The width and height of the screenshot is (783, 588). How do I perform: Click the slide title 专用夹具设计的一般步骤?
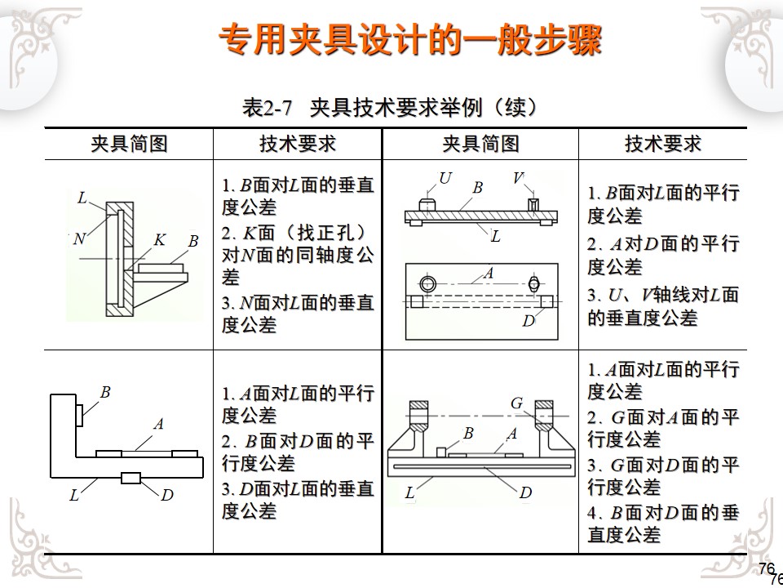[x=410, y=42]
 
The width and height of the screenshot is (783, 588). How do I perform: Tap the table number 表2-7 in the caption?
[x=267, y=108]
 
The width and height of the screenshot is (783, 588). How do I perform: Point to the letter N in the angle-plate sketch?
[x=78, y=239]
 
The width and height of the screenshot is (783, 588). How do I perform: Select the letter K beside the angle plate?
[x=160, y=239]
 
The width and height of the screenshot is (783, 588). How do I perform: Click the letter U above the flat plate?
[x=445, y=178]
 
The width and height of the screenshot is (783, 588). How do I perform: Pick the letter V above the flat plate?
[x=518, y=178]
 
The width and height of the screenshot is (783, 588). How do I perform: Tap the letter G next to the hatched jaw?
[x=516, y=403]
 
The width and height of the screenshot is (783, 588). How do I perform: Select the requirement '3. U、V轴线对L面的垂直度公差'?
[x=662, y=306]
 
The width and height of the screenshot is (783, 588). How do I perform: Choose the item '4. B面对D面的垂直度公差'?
[x=662, y=523]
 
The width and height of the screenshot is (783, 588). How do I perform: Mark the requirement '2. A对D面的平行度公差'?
[x=662, y=255]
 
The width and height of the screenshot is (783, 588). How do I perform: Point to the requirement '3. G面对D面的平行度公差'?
[x=662, y=476]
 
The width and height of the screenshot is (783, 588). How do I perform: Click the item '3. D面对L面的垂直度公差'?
[x=297, y=500]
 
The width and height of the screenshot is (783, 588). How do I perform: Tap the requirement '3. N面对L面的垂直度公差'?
[x=297, y=314]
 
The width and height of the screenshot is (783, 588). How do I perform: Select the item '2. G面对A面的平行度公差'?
[x=662, y=428]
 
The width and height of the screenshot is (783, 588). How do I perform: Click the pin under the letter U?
[x=427, y=203]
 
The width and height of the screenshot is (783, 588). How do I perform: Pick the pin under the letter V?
[x=533, y=204]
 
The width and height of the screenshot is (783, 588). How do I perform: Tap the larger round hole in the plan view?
[x=428, y=284]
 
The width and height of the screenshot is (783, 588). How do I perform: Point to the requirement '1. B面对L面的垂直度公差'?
[x=297, y=196]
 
